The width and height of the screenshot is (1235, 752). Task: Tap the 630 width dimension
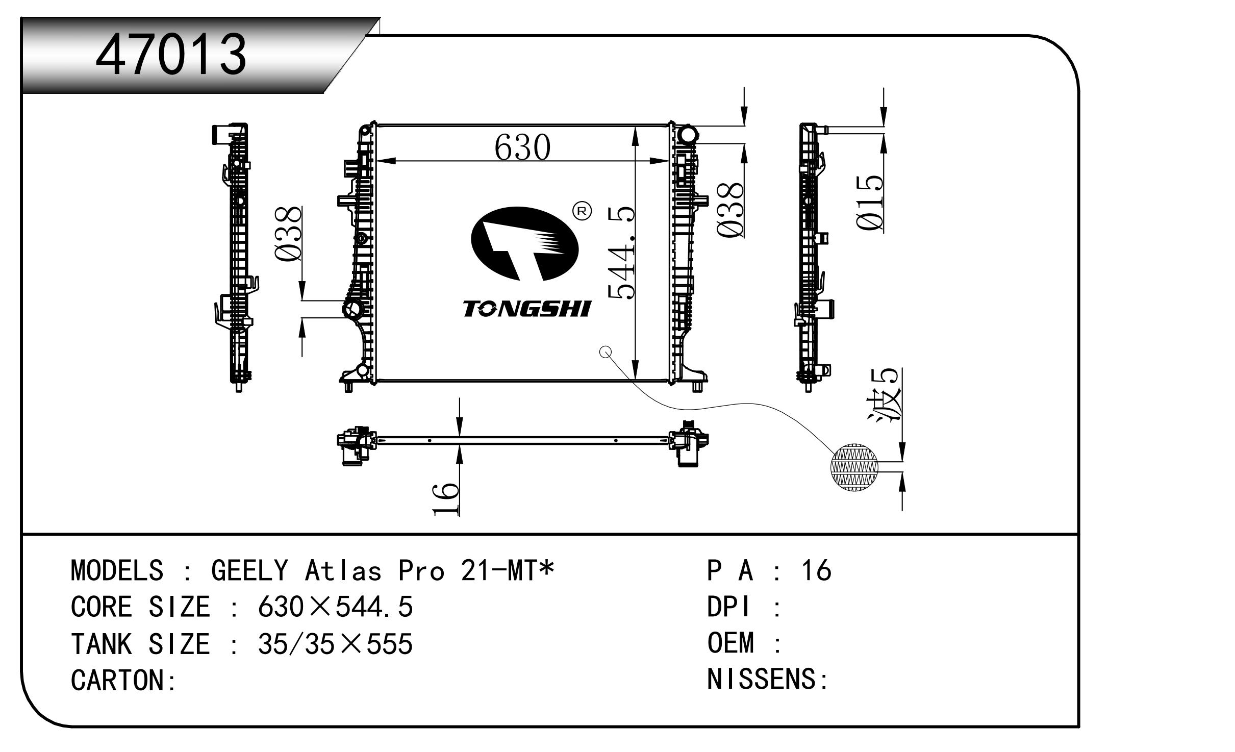pos(522,147)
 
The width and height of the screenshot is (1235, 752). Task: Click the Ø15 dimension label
pos(870,203)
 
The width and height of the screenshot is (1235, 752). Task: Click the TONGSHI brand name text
pos(526,309)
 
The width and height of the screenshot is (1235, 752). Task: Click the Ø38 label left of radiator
pos(289,234)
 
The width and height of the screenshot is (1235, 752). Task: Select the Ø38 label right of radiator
pos(730,210)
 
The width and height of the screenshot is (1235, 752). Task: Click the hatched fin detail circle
pos(854,467)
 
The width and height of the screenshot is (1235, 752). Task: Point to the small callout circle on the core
pos(605,352)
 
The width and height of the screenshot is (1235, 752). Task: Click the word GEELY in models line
pos(249,571)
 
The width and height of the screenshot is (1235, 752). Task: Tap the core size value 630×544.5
pos(335,608)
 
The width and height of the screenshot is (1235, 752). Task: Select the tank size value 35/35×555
pos(335,644)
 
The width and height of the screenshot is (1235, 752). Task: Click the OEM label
pos(730,643)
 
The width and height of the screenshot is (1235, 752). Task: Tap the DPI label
pos(729,608)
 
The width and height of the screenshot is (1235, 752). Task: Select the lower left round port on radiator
pos(353,309)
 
